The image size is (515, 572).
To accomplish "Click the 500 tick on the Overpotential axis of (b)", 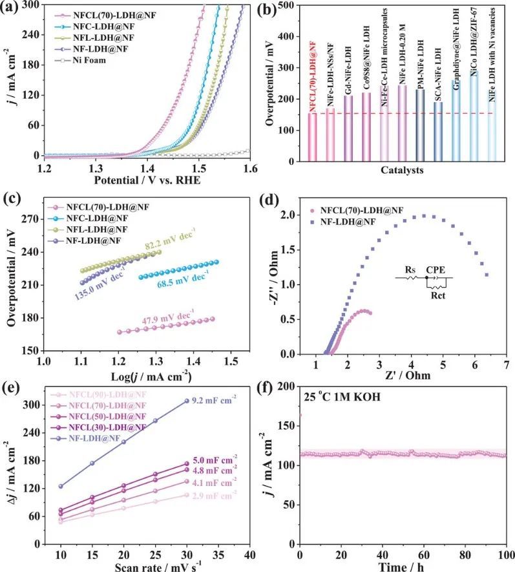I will (295, 6).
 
